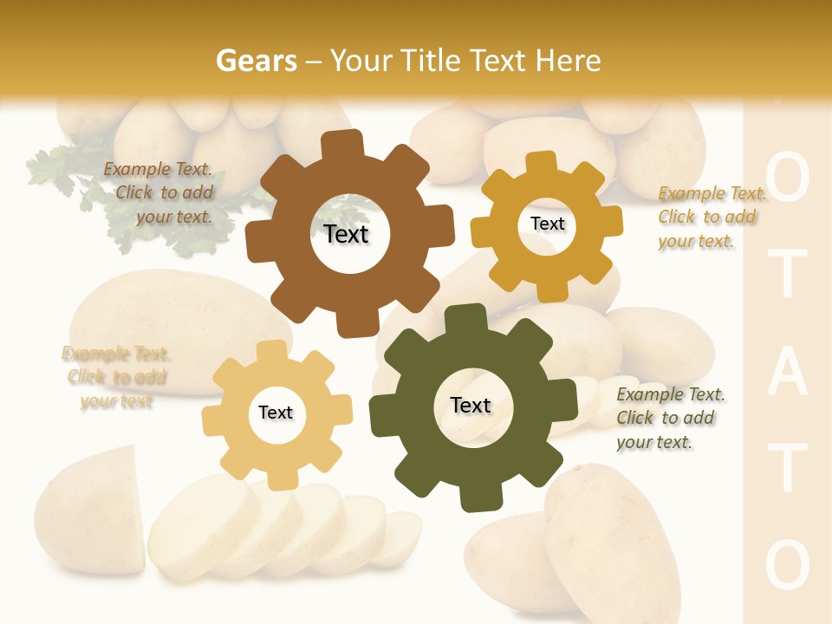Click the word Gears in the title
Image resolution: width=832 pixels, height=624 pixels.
point(257,61)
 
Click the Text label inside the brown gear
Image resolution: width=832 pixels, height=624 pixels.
point(346,234)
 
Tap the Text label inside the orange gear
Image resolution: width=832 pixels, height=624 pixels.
point(547,224)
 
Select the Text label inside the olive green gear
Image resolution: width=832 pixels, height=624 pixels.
point(471,405)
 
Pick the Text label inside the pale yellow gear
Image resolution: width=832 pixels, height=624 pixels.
point(276,413)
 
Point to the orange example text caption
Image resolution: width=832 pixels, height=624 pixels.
point(712,217)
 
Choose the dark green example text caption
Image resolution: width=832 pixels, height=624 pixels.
point(669,418)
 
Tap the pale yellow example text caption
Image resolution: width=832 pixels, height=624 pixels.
point(116,377)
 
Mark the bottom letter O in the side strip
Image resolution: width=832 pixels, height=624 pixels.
point(788,563)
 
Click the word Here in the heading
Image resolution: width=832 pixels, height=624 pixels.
point(569,61)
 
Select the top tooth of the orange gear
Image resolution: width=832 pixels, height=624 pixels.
point(542,164)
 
